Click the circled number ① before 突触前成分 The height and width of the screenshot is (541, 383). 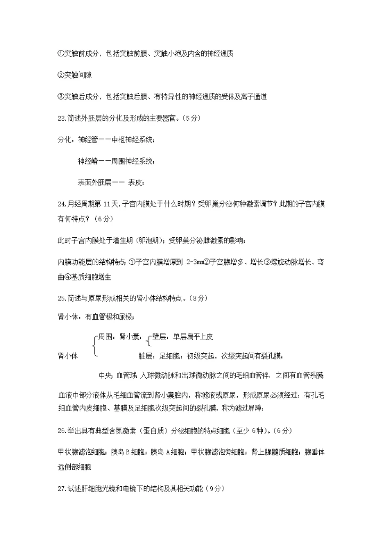tap(60, 54)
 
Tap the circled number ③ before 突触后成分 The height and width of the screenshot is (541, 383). tap(60, 96)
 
